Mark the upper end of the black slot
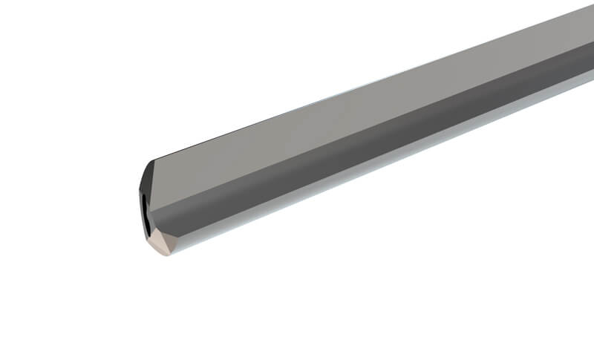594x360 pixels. (x=143, y=194)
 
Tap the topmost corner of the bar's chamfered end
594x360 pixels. (x=154, y=161)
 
